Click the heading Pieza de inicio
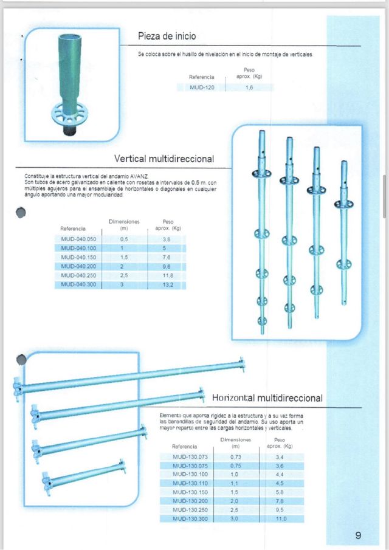(167, 37)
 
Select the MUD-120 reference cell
(201, 88)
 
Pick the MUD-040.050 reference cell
(78, 239)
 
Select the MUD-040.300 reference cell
(78, 284)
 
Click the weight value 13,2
(167, 284)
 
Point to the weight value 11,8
(167, 275)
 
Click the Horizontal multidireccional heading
(267, 397)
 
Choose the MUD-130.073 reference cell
(190, 456)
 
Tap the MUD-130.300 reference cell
(190, 519)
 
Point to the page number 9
(358, 535)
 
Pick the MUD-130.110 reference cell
(190, 483)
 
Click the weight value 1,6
(249, 88)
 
